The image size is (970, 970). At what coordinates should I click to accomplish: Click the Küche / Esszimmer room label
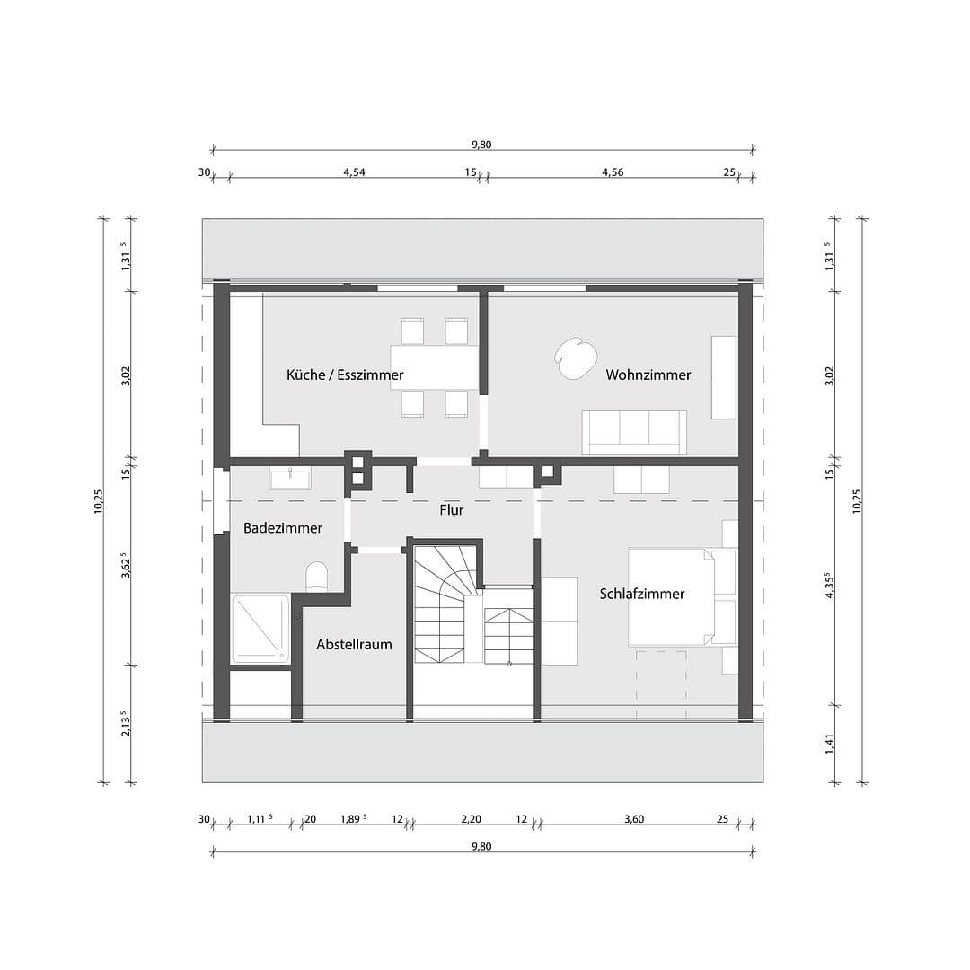coord(345,375)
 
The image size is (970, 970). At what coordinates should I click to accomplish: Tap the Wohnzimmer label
coord(648,375)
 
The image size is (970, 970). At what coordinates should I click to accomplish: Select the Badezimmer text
coord(282,528)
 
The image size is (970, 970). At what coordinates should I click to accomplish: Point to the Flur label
coord(451,510)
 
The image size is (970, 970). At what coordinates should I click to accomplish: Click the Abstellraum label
coord(354,644)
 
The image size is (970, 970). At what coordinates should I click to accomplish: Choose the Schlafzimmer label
coord(642,594)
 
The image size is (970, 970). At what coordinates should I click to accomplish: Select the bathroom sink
coord(289,478)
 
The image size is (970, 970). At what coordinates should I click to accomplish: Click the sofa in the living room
coord(634,432)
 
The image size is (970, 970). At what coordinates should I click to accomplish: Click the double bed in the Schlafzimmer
coord(682,596)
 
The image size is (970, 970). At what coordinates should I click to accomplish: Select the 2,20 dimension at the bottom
coord(472,818)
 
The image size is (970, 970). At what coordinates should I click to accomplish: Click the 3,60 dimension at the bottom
coord(634,818)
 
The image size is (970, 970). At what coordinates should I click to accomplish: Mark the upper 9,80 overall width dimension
coord(482,145)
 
